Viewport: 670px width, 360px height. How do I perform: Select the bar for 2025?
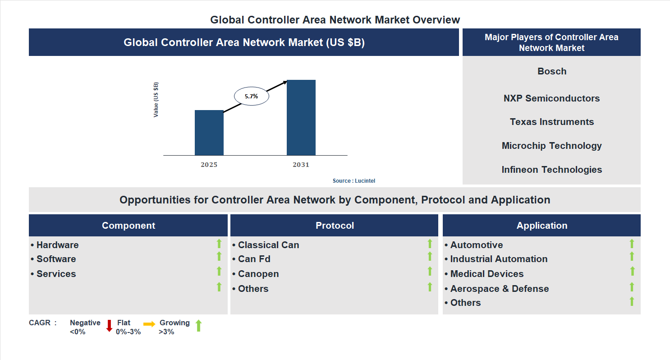(x=209, y=133)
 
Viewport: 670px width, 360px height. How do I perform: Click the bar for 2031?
(x=301, y=118)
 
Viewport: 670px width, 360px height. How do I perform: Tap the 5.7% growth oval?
(x=251, y=96)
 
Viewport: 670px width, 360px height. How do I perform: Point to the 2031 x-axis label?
(x=301, y=165)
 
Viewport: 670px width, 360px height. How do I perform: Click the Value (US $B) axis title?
(x=156, y=100)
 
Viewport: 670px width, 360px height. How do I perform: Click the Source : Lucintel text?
(x=353, y=181)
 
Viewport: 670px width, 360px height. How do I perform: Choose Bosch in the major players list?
(x=551, y=71)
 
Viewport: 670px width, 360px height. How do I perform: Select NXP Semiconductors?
(x=551, y=98)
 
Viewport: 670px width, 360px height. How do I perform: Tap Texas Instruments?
(x=551, y=122)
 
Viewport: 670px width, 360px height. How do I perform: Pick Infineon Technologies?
(x=551, y=170)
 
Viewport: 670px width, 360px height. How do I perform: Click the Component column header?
(x=128, y=226)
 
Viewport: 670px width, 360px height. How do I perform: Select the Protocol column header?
(x=334, y=226)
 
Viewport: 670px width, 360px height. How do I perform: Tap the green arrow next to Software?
(x=219, y=257)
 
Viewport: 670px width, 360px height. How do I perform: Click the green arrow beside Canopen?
(x=430, y=272)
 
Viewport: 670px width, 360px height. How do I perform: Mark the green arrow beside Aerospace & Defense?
(x=632, y=287)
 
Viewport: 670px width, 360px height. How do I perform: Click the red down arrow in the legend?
(x=109, y=326)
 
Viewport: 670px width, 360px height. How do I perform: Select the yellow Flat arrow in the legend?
(x=149, y=324)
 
